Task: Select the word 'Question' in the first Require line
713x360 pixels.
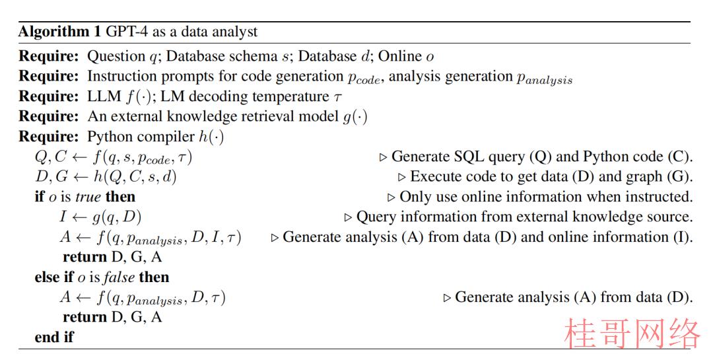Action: (116, 56)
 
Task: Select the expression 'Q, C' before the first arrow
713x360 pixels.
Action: (51, 157)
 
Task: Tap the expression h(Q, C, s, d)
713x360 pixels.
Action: (135, 177)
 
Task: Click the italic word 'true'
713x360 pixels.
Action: (88, 197)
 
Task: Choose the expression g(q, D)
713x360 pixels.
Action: (117, 217)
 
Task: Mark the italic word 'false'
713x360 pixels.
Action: (118, 277)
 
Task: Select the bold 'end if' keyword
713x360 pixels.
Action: (54, 338)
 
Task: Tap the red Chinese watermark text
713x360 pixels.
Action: (632, 333)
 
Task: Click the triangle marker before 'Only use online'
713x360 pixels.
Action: (391, 198)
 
